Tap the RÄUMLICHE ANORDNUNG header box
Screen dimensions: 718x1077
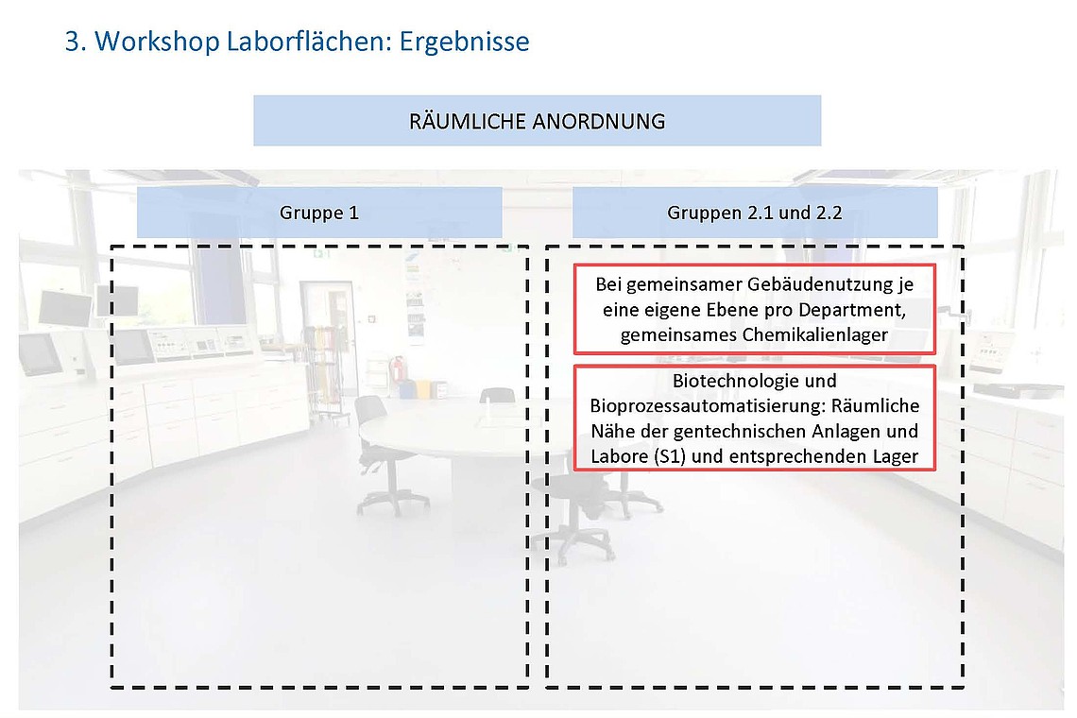[x=537, y=121]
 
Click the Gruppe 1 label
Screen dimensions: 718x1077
[x=319, y=213]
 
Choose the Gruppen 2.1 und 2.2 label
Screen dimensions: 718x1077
[x=754, y=213]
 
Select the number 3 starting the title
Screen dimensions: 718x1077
[x=72, y=43]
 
